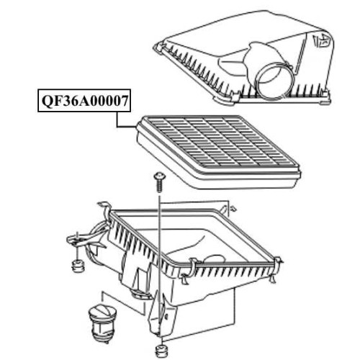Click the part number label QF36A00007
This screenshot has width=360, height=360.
point(84,101)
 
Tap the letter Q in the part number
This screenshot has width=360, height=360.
point(48,101)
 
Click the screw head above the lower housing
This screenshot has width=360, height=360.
point(159,176)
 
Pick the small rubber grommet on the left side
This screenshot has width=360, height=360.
point(78,266)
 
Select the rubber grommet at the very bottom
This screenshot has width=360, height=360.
point(161,351)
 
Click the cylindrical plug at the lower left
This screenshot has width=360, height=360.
point(102,321)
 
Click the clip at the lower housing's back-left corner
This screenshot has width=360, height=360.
point(106,208)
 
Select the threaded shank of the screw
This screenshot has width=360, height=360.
point(159,186)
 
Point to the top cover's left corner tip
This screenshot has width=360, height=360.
point(155,45)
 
